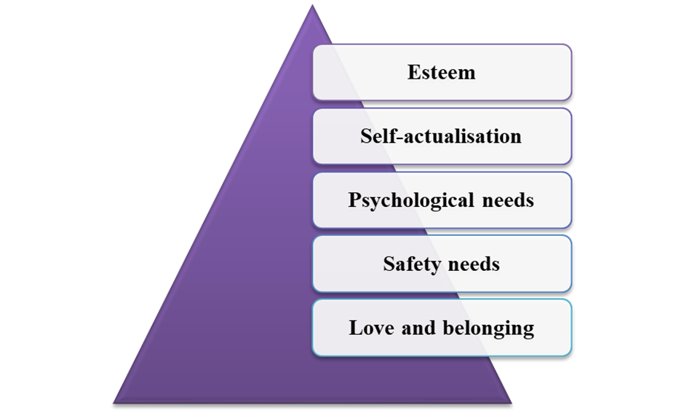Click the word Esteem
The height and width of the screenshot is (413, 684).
pyautogui.click(x=441, y=72)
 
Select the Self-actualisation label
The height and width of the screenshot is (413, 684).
pyautogui.click(x=440, y=136)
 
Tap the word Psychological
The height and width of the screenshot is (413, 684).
pyautogui.click(x=411, y=201)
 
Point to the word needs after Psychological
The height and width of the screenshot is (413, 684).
pyautogui.click(x=508, y=200)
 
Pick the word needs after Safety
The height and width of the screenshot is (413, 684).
pyautogui.click(x=474, y=264)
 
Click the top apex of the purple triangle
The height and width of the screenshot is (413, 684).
pyautogui.click(x=312, y=5)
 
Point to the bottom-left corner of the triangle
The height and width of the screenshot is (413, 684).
pyautogui.click(x=114, y=403)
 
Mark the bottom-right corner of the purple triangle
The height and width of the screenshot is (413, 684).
pyautogui.click(x=511, y=403)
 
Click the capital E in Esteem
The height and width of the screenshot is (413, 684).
pyautogui.click(x=413, y=72)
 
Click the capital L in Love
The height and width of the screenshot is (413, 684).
pyautogui.click(x=356, y=329)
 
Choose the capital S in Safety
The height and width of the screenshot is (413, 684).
pyautogui.click(x=389, y=264)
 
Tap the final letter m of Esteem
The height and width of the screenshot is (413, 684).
pyautogui.click(x=467, y=74)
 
